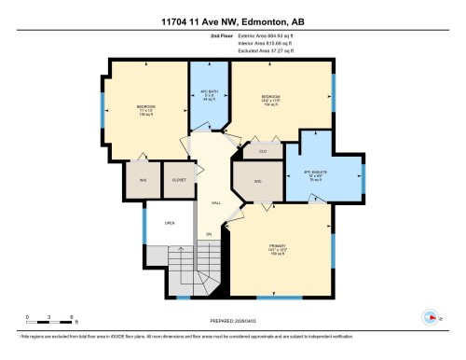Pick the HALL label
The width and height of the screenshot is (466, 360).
click(x=215, y=201)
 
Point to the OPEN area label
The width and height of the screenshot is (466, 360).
click(x=170, y=223)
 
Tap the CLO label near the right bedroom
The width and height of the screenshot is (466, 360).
click(x=264, y=149)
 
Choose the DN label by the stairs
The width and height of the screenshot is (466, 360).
click(x=210, y=233)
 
